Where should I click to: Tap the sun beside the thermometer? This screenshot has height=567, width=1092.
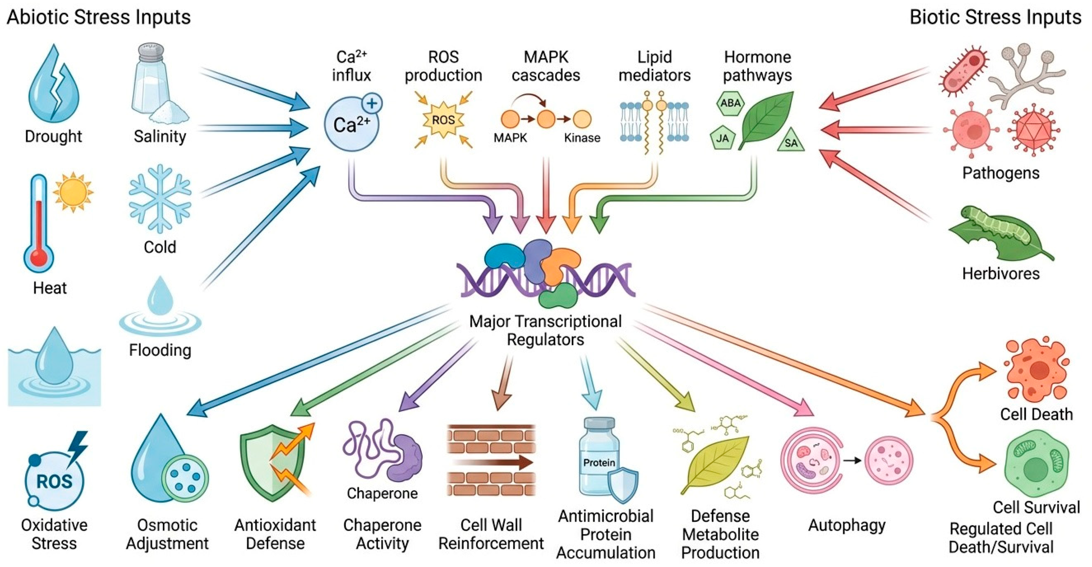pos(73,192)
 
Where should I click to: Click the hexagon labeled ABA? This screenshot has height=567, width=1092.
pos(730,103)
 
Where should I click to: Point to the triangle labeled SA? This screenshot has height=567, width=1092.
pos(791,141)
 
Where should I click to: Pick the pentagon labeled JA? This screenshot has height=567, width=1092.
pos(722,137)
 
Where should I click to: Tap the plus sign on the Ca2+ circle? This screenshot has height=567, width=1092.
pos(372,103)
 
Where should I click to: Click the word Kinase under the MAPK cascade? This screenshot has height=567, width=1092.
pos(582,138)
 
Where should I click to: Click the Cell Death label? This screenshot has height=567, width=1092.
pos(1037,414)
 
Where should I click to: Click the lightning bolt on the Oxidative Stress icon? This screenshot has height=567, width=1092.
pos(78,447)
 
